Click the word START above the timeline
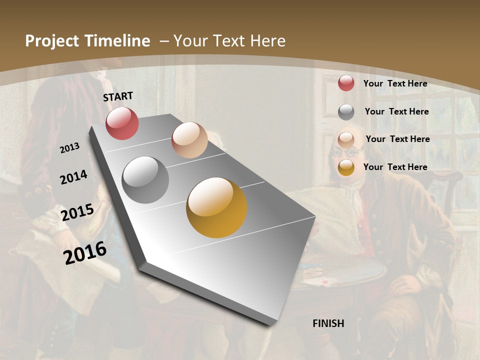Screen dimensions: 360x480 coord(118,96)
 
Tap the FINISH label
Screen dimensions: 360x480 coord(328,323)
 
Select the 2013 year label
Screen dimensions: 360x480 coord(70,147)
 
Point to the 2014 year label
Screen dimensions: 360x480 coord(73,177)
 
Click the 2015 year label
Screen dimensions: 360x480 coord(77,212)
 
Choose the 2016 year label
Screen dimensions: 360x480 coord(85,252)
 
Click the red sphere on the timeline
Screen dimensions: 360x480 coord(122,123)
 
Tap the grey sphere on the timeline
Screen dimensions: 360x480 coord(145,180)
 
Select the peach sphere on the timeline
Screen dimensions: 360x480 coord(189,140)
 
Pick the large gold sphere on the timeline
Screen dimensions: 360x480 coord(216,207)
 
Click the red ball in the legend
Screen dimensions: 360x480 coord(346,83)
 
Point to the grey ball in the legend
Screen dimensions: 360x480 coord(346,111)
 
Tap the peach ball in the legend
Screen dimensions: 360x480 coord(346,140)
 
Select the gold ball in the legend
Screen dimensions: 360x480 coord(346,167)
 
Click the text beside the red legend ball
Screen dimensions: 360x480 coord(395,83)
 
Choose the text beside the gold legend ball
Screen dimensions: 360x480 coord(395,167)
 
